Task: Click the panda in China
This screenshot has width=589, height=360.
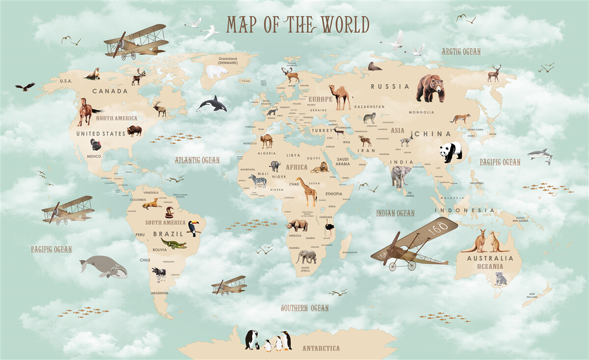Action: click(x=451, y=152)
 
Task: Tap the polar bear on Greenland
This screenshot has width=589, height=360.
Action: click(x=216, y=72)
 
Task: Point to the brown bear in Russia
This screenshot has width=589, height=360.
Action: click(x=430, y=88)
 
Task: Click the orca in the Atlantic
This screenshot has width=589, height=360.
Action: click(x=213, y=104)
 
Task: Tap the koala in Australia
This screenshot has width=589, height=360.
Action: click(x=500, y=278)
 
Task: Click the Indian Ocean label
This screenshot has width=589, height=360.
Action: click(x=395, y=213)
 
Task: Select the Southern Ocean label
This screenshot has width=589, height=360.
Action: click(x=304, y=308)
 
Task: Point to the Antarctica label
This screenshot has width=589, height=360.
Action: click(x=321, y=348)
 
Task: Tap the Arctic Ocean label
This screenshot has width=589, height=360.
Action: click(x=460, y=52)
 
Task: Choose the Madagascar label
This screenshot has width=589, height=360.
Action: click(x=350, y=252)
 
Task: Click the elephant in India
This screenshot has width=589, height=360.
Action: click(x=401, y=176)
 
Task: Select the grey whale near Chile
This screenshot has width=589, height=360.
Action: click(x=104, y=267)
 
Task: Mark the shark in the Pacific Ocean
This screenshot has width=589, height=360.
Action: click(x=540, y=155)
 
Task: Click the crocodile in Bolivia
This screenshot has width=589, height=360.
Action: click(x=174, y=244)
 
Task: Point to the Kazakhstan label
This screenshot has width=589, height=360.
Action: click(x=369, y=107)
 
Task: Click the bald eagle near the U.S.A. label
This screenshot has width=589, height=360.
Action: click(x=25, y=87)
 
